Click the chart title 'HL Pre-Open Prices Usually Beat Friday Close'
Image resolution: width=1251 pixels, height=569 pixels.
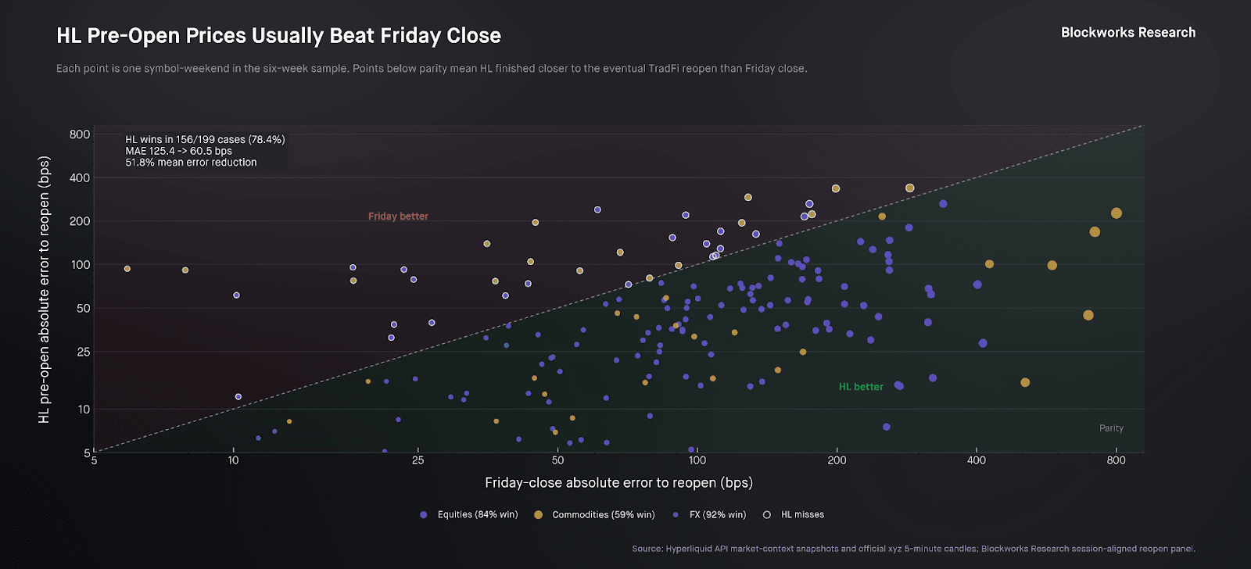(278, 36)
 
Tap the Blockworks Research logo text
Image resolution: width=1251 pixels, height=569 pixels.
(1127, 33)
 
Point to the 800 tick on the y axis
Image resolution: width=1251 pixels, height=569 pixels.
(80, 134)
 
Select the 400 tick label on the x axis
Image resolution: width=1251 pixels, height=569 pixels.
(977, 460)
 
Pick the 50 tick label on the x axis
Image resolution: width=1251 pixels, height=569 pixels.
(557, 460)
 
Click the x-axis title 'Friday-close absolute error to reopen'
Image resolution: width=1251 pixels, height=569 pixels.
(618, 483)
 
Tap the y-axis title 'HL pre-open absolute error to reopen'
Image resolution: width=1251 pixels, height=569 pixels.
(45, 289)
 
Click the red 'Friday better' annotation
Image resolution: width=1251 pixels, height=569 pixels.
(398, 217)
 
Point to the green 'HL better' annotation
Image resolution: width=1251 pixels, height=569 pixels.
(861, 387)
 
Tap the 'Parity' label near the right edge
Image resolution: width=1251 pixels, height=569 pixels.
(1111, 428)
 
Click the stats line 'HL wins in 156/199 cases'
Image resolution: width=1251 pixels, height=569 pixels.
(205, 140)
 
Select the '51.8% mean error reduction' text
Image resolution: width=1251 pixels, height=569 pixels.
(191, 163)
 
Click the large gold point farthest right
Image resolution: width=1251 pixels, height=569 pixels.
(1117, 213)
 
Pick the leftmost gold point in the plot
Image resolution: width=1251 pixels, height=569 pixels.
(127, 269)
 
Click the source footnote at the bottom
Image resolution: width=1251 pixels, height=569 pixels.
(913, 549)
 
